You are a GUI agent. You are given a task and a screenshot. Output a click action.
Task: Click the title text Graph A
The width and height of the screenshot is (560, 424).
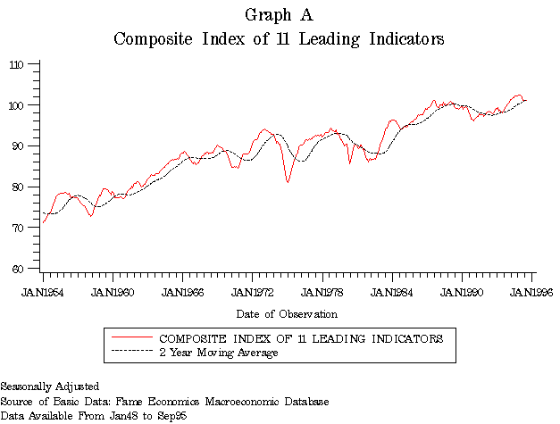(278, 15)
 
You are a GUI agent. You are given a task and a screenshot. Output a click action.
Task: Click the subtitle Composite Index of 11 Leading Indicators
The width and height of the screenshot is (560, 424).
(279, 39)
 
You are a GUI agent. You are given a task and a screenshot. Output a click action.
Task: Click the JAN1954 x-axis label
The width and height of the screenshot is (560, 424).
(42, 292)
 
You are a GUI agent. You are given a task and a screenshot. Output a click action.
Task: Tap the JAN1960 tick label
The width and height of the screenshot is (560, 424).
(113, 292)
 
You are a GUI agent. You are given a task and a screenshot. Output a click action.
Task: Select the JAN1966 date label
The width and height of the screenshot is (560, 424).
(182, 292)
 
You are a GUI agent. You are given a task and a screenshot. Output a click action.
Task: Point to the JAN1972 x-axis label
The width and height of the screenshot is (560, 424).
(253, 292)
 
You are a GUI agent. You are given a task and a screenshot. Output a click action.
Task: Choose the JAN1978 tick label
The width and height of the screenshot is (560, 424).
(322, 292)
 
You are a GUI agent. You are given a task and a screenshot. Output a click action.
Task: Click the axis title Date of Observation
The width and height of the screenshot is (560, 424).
(287, 314)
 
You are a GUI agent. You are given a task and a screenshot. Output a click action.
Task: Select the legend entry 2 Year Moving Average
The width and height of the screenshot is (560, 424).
(219, 353)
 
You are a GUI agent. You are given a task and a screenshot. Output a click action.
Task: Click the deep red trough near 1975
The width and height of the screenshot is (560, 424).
(288, 182)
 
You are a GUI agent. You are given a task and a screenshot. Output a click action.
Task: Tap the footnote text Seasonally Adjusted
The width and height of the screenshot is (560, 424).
(50, 387)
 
